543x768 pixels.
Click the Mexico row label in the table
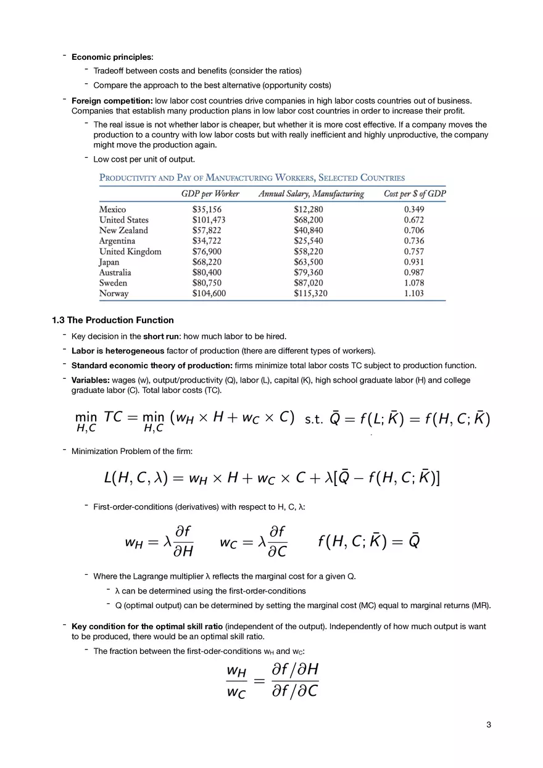pyautogui.click(x=112, y=210)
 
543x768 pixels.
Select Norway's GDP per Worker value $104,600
pyautogui.click(x=209, y=294)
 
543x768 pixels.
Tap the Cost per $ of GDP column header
pyautogui.click(x=414, y=194)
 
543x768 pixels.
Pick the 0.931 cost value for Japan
pyautogui.click(x=413, y=262)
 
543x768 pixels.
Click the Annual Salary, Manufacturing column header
pyautogui.click(x=311, y=194)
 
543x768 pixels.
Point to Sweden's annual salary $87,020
pyautogui.click(x=308, y=283)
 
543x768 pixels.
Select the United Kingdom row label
pyautogui.click(x=130, y=252)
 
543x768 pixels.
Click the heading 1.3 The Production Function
pyautogui.click(x=113, y=320)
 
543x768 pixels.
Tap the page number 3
pyautogui.click(x=489, y=725)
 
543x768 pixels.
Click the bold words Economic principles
pyautogui.click(x=112, y=57)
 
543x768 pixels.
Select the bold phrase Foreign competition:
pyautogui.click(x=112, y=101)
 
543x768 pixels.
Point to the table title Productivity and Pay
pyautogui.click(x=252, y=178)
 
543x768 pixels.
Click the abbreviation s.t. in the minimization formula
pyautogui.click(x=314, y=420)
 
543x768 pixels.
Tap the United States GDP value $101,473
pyautogui.click(x=209, y=220)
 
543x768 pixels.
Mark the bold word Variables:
pyautogui.click(x=91, y=380)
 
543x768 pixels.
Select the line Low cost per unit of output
pyautogui.click(x=144, y=159)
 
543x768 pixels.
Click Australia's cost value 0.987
pyautogui.click(x=413, y=273)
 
